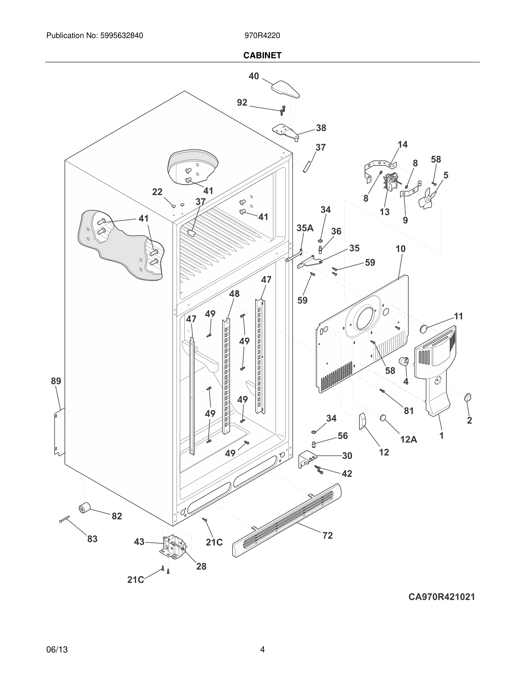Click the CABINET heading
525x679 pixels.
click(262, 55)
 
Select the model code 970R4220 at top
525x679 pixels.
click(262, 36)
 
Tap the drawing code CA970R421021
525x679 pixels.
click(442, 597)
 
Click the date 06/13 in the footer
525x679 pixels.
click(57, 650)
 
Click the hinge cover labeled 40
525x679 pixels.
click(285, 89)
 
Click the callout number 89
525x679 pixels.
click(56, 381)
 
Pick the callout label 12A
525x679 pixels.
click(408, 439)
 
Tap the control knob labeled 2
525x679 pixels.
click(468, 397)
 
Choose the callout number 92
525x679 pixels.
click(242, 102)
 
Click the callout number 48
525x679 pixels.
click(234, 294)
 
